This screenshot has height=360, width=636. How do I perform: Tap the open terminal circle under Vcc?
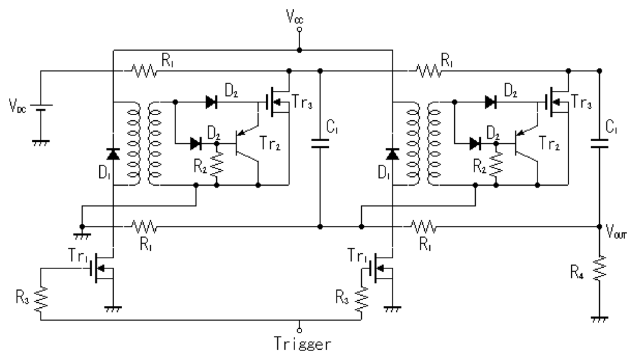(300, 29)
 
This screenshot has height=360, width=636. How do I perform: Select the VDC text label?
(17, 103)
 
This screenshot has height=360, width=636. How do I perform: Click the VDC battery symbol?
(41, 107)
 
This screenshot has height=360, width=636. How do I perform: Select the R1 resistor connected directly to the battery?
(144, 71)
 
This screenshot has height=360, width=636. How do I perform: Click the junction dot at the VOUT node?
(600, 226)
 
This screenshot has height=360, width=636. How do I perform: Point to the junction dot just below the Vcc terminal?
(300, 50)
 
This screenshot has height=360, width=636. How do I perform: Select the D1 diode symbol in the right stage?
(392, 153)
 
